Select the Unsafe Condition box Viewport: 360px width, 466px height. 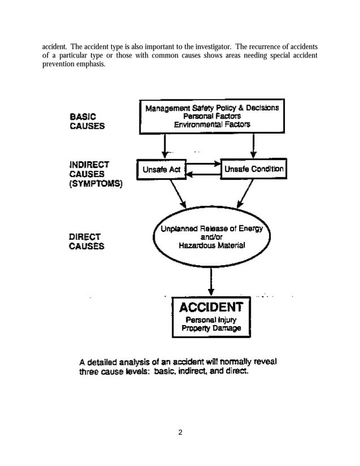[253, 169]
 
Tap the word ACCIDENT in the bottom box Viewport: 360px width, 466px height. [210, 307]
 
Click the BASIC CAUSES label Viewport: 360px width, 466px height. [86, 121]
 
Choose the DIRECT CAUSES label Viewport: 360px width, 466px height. [86, 241]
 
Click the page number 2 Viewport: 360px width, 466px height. [180, 433]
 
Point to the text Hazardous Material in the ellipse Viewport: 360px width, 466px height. [212, 246]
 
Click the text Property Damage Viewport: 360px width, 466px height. [211, 328]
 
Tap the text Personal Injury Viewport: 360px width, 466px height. [211, 319]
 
